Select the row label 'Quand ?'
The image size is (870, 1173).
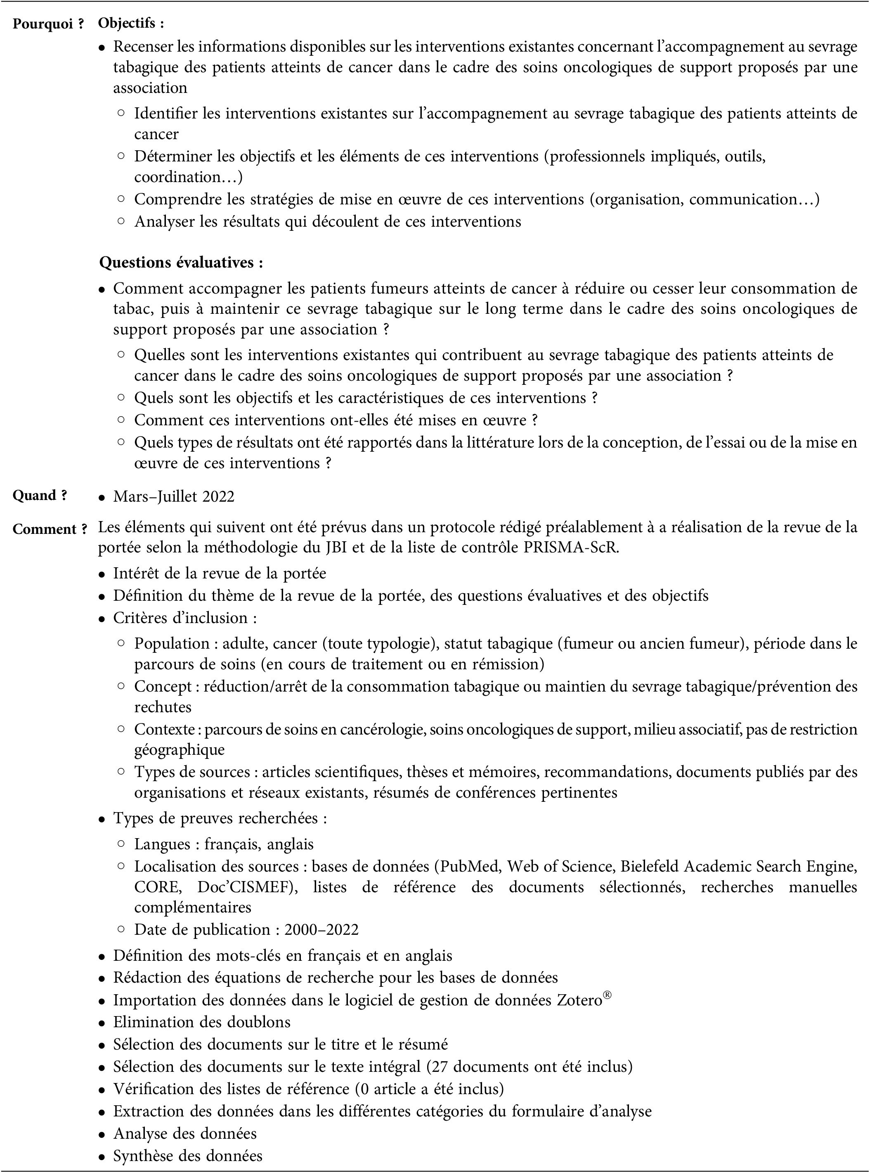tap(40, 495)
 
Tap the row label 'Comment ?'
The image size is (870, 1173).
tap(50, 529)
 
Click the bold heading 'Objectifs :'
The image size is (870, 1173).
tap(131, 23)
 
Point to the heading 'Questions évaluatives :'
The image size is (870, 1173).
tap(181, 262)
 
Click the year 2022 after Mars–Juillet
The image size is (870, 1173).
tap(218, 496)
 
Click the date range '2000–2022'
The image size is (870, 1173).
tap(321, 929)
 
